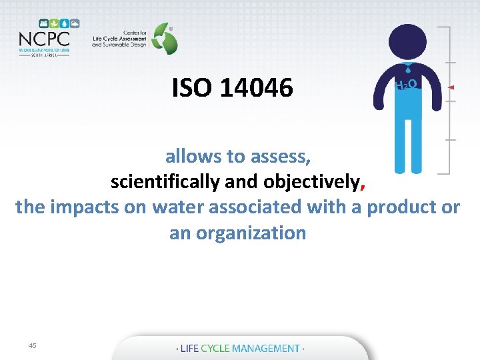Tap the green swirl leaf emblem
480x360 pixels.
pyautogui.click(x=163, y=38)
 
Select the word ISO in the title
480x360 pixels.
pyautogui.click(x=191, y=87)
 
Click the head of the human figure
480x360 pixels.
pyautogui.click(x=407, y=43)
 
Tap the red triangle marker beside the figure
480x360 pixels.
pyautogui.click(x=451, y=87)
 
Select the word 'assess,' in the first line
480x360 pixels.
pyautogui.click(x=283, y=156)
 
